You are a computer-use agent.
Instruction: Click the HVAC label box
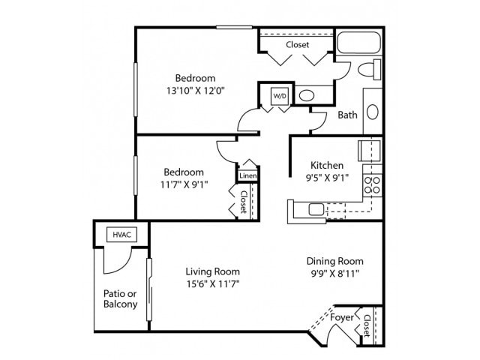[x=121, y=235]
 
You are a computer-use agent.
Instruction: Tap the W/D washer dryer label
[x=279, y=96]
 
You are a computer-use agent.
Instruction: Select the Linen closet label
[x=247, y=175]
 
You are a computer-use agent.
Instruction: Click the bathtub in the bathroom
[x=358, y=43]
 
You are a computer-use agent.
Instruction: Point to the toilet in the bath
[x=367, y=70]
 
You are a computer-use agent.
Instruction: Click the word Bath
[x=347, y=115]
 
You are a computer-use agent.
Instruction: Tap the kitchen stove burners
[x=372, y=184]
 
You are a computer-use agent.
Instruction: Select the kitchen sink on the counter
[x=316, y=209]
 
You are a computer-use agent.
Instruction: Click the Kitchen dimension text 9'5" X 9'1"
[x=327, y=178]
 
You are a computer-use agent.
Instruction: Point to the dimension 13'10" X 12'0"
[x=195, y=90]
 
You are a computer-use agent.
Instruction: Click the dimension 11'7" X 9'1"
[x=183, y=184]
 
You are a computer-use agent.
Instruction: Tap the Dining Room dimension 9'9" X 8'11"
[x=334, y=274]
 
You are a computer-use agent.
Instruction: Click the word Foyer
[x=342, y=317]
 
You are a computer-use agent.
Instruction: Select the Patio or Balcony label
[x=120, y=298]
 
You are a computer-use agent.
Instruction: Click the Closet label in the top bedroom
[x=297, y=45]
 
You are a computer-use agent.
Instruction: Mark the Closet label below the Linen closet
[x=244, y=200]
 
